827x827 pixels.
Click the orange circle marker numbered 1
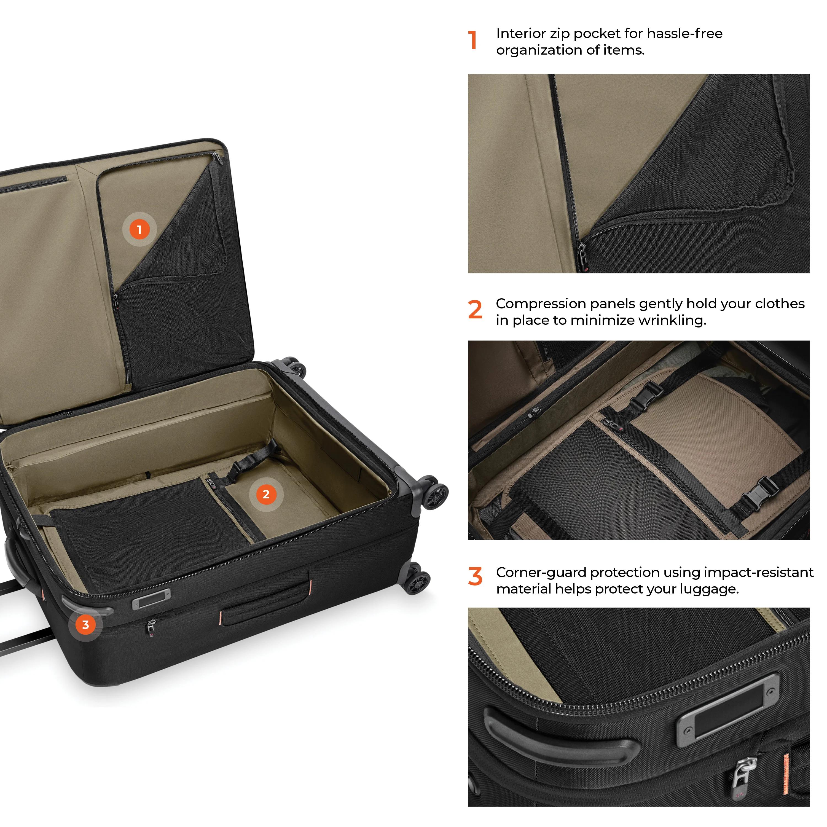point(139,229)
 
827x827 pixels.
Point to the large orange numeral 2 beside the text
point(475,310)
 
